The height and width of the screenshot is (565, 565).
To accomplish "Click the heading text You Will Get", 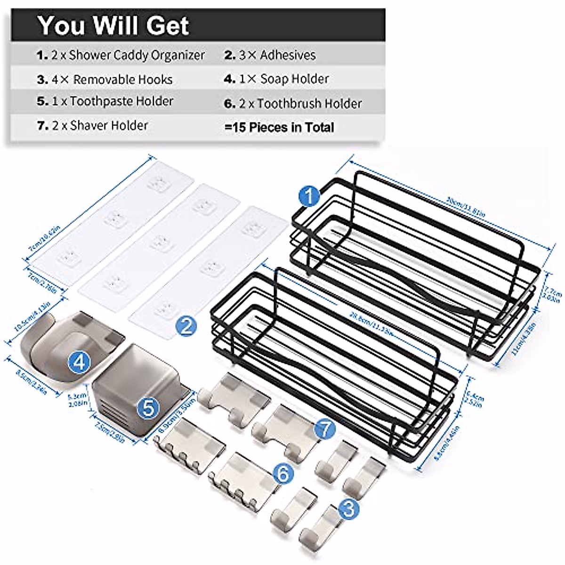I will click(x=113, y=25).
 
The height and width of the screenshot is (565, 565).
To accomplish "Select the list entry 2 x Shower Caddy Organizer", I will click(x=121, y=55).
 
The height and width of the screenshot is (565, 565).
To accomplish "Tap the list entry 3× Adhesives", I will click(x=270, y=55).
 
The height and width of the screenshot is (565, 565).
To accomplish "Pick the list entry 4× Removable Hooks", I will click(x=105, y=80).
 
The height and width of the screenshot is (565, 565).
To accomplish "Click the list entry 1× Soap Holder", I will click(x=276, y=79).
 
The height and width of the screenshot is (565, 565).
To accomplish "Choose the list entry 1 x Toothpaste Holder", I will click(x=105, y=101).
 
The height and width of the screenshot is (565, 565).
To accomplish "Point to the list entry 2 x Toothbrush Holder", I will click(x=293, y=104).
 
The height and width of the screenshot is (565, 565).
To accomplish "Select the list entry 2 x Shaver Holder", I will click(x=92, y=126).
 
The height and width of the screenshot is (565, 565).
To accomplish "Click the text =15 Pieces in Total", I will click(x=279, y=127).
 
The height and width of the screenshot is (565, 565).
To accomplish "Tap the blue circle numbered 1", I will click(x=309, y=197).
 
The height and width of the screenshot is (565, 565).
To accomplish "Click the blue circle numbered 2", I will click(x=186, y=325).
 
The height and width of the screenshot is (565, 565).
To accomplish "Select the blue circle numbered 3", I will click(x=348, y=509).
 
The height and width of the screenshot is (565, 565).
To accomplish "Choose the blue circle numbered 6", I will click(x=283, y=473).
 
